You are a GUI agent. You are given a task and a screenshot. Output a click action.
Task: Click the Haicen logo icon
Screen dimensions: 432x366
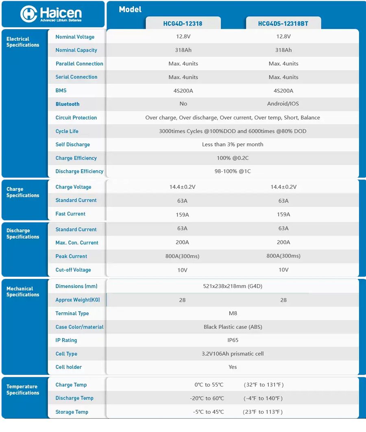point(29,14)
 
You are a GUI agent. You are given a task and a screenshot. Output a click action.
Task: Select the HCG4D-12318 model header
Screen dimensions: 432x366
point(183,24)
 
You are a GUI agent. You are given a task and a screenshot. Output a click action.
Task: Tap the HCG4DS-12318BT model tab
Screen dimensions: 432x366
point(283,24)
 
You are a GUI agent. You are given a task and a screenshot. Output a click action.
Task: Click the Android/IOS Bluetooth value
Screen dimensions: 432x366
point(283,104)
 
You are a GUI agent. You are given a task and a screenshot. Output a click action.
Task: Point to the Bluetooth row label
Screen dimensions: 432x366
point(68,104)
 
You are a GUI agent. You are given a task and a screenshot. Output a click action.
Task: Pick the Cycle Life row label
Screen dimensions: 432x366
point(67,131)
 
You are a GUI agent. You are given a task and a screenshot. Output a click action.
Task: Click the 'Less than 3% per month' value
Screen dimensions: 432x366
point(233,145)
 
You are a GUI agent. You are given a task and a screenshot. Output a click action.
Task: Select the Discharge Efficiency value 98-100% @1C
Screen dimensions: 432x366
point(233,171)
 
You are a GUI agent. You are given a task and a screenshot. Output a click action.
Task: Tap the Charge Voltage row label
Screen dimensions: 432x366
point(73,187)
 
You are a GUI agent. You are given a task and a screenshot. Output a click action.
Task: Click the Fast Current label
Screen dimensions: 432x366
point(70,214)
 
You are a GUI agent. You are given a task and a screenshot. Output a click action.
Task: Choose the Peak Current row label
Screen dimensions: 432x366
point(71,257)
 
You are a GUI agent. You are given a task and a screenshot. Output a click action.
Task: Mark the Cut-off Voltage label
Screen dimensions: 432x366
point(73,270)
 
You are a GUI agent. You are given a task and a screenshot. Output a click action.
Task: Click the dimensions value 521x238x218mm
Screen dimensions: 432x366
point(233,286)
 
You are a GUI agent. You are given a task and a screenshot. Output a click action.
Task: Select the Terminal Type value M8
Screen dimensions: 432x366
point(233,313)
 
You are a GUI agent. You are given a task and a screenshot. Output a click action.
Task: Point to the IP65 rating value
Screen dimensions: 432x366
point(233,340)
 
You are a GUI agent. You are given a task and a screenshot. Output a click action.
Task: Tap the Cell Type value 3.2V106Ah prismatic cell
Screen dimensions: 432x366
point(233,354)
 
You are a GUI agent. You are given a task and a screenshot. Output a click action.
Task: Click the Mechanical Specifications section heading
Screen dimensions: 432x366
point(23,292)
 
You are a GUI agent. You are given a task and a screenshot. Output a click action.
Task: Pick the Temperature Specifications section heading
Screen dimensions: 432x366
point(23,390)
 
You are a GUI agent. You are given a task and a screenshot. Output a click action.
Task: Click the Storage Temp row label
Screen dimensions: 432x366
point(72,412)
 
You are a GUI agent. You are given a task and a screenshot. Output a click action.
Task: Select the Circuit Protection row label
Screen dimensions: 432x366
point(76,118)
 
